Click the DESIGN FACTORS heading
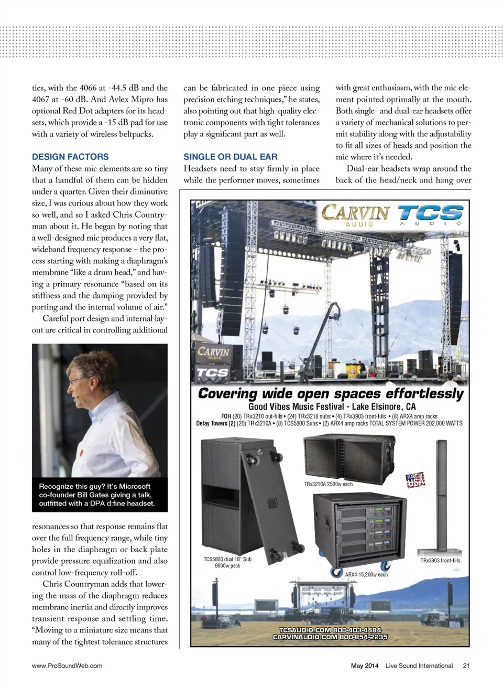(x=70, y=157)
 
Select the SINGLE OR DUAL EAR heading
(x=231, y=157)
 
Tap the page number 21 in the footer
(x=466, y=665)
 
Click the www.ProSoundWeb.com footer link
(x=67, y=665)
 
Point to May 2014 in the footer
(x=365, y=665)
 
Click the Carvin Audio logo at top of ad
(x=356, y=215)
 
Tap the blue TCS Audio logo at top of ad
(x=430, y=214)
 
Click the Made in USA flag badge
(x=415, y=480)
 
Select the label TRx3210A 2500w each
(x=329, y=484)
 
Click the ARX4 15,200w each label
(x=366, y=575)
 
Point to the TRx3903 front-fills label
(x=440, y=561)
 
